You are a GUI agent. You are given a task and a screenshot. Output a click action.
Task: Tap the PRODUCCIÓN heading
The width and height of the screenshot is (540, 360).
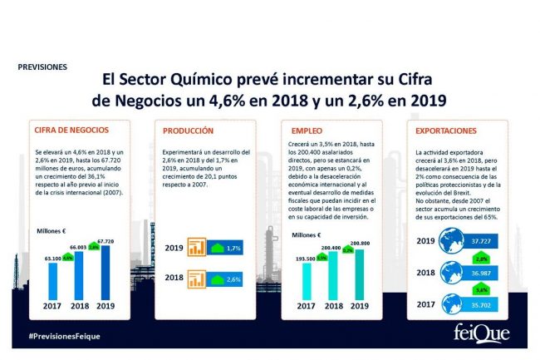tap(189, 131)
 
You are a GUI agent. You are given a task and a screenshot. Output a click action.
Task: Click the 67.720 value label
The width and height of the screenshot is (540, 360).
tap(104, 241)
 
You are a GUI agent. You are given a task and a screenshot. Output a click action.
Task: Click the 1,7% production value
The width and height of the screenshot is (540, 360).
tap(233, 249)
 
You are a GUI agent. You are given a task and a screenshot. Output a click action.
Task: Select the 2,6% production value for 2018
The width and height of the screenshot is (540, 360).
tap(233, 280)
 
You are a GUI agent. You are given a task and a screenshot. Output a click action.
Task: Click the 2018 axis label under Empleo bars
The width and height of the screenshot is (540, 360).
tap(333, 305)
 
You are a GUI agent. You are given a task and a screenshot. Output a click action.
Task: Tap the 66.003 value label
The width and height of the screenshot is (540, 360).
tap(77, 247)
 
